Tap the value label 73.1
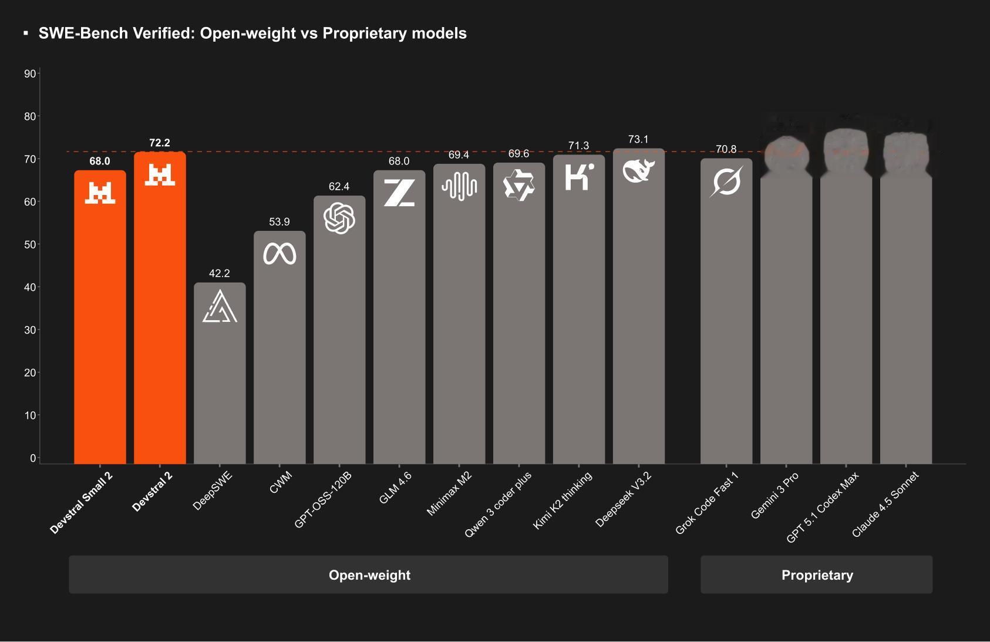pyautogui.click(x=638, y=140)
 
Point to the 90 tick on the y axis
pyautogui.click(x=30, y=73)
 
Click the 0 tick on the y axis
pyautogui.click(x=33, y=458)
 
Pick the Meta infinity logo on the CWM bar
pyautogui.click(x=280, y=254)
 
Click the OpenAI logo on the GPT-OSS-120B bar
pyautogui.click(x=339, y=218)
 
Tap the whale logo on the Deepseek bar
pyautogui.click(x=638, y=171)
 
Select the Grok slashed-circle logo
pyautogui.click(x=726, y=181)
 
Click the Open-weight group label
pyautogui.click(x=369, y=575)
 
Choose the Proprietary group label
pyautogui.click(x=817, y=575)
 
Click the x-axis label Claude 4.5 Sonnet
pyautogui.click(x=885, y=505)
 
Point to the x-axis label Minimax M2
pyautogui.click(x=449, y=493)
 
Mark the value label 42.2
pyautogui.click(x=220, y=274)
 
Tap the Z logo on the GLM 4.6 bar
pyautogui.click(x=399, y=193)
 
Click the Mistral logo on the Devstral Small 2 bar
pyautogui.click(x=100, y=193)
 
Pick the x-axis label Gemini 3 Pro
pyautogui.click(x=775, y=495)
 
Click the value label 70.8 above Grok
pyautogui.click(x=726, y=150)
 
